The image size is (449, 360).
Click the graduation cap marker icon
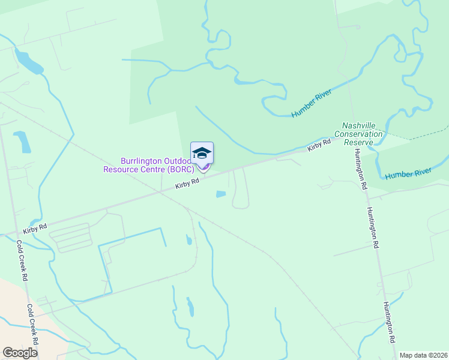pos(202,152)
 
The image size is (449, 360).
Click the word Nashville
pos(359,126)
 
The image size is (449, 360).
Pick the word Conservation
pos(359,134)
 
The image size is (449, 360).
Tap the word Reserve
pos(359,142)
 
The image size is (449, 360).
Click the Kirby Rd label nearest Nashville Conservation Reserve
pos(319,145)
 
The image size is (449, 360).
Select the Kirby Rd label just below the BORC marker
pos(187,184)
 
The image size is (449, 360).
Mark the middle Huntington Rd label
pos(373,227)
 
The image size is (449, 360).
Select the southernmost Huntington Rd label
pos(390,321)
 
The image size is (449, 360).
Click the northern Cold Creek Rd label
pos(22,261)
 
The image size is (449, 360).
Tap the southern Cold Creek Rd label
pos(32,323)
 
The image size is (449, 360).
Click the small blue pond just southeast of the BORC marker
pos(220,194)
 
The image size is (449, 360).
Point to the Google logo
pos(20,352)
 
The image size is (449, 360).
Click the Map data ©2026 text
pos(423,355)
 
